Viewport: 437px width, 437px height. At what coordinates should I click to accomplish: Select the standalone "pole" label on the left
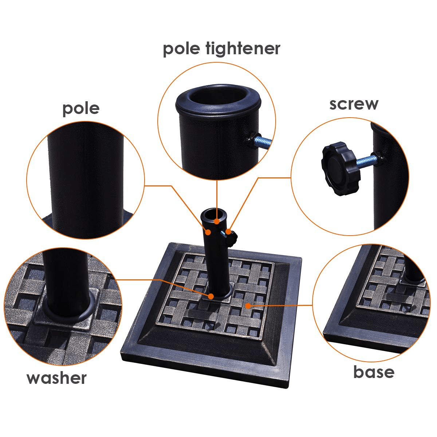coord(81,109)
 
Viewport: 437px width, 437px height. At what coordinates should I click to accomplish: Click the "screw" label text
coord(354,105)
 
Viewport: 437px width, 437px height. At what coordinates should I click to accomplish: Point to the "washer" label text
coord(56,378)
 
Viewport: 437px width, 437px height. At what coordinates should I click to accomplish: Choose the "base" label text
coord(374,372)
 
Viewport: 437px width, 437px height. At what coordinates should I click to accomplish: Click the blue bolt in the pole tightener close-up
coord(263,142)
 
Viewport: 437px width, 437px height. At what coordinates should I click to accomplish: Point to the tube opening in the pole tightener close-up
coord(217,98)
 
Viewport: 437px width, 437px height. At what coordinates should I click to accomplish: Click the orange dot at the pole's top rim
coord(217,221)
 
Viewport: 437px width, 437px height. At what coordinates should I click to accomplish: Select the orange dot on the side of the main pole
coord(208,232)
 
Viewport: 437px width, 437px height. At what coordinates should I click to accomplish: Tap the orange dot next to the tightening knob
coord(228,232)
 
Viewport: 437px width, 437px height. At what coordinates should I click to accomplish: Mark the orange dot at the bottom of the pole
coord(211,296)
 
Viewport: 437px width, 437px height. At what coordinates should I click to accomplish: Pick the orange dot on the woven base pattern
coord(249,306)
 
